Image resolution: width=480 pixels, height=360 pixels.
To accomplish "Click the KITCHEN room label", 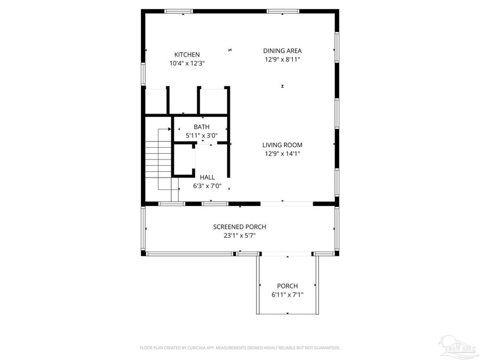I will pos(187,54).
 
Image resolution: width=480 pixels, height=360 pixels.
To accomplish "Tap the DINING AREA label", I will pos(282,51).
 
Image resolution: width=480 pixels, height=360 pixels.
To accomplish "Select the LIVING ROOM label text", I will pos(282,145).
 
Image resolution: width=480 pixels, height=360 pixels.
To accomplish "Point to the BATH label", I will pos(201,127).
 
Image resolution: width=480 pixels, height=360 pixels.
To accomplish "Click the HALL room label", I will pos(207,177).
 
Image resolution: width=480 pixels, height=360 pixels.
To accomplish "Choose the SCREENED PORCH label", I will pos(239,227).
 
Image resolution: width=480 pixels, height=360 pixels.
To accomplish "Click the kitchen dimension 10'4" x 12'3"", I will pos(187,63).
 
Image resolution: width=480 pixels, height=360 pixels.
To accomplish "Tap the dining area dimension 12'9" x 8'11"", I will pos(282,59).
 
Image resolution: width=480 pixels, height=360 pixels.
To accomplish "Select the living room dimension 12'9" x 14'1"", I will pos(282,154).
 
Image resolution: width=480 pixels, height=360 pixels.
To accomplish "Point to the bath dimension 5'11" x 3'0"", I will pos(201,135).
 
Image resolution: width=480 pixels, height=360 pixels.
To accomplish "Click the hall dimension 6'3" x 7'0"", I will pos(207,186).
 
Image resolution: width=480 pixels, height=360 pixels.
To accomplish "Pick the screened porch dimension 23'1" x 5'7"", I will pos(239,235).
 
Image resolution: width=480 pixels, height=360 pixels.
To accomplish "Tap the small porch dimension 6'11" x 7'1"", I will pos(287,294).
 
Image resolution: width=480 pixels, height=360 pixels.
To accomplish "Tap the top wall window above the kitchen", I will pos(179,11).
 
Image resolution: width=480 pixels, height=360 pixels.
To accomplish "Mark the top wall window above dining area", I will pos(283,11).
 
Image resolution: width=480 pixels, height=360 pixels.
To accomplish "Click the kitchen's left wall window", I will pos(143,74).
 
